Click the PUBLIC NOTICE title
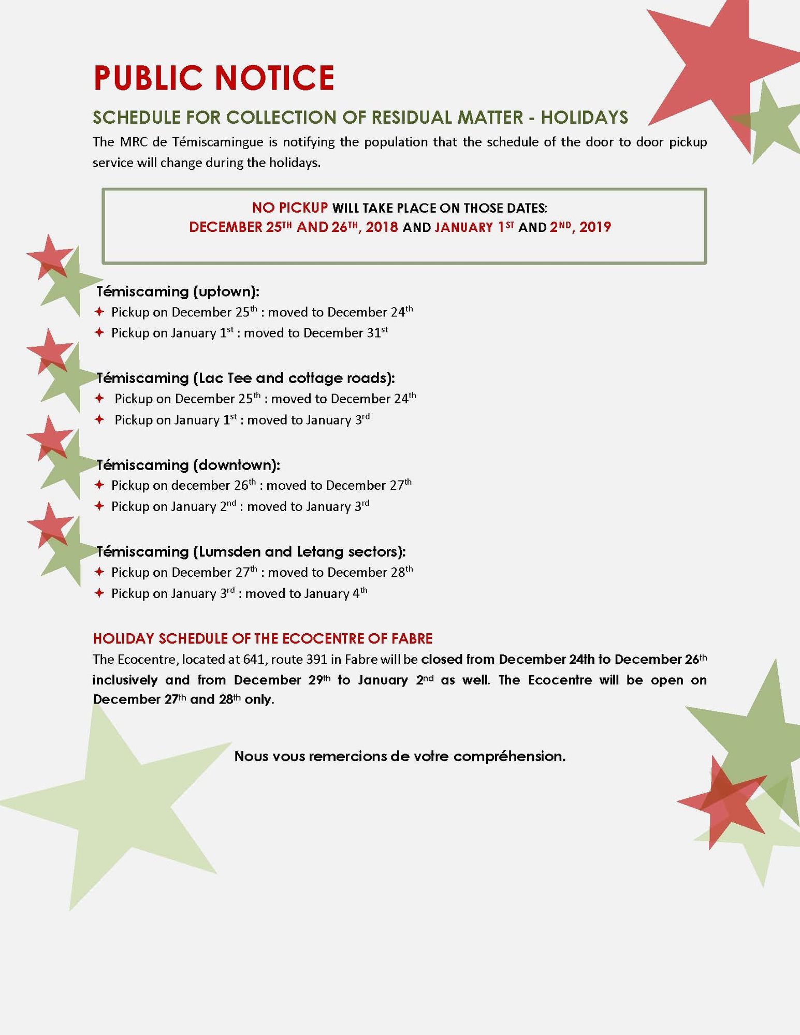(x=213, y=78)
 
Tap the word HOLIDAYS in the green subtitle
(x=585, y=118)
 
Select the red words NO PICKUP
(x=289, y=208)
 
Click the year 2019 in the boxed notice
(x=595, y=227)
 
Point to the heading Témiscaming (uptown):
(x=178, y=291)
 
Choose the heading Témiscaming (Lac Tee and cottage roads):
(x=245, y=378)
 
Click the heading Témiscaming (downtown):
(x=188, y=465)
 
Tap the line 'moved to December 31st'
(x=315, y=332)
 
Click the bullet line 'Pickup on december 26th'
(x=184, y=485)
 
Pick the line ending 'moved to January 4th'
(x=306, y=593)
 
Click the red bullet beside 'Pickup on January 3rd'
(x=99, y=593)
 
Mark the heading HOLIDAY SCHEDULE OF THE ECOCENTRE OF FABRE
(x=263, y=638)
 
